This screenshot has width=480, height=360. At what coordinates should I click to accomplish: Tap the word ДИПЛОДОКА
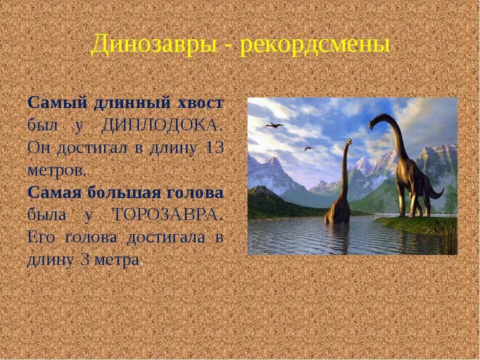pos(160,125)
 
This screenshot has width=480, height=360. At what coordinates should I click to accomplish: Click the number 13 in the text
pos(214,148)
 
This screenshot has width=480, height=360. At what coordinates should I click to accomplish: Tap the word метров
pos(56,170)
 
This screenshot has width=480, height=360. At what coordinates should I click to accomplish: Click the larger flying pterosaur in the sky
pos(274,125)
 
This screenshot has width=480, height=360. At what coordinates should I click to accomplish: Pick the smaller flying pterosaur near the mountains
pos(308,148)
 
